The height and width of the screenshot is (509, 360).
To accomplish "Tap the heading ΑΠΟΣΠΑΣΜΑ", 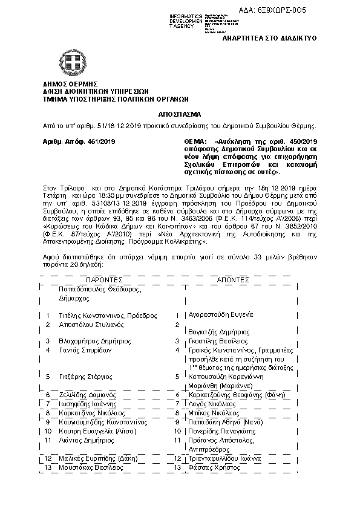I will (x=180, y=114).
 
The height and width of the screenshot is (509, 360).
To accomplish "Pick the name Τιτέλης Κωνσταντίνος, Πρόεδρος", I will (x=108, y=316).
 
